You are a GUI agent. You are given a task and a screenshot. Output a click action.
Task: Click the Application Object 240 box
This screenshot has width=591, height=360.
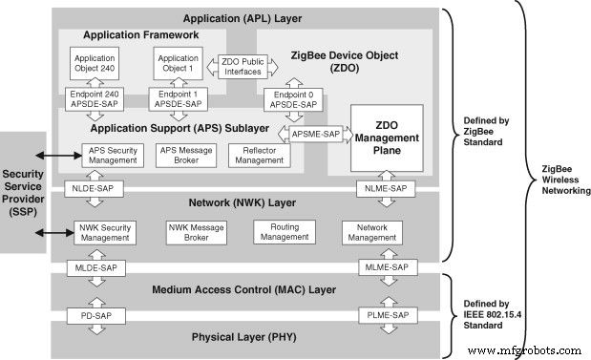[94, 64]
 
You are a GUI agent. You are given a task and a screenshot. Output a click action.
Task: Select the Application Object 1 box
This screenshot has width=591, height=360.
[175, 64]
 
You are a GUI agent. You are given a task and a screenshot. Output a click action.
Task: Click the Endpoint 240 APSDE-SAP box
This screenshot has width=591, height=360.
[94, 99]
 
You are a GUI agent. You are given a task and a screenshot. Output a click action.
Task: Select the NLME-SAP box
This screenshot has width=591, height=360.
[386, 189]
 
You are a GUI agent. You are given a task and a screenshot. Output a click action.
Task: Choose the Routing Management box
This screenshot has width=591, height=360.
[284, 231]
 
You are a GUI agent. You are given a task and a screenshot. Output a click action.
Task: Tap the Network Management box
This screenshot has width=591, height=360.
[372, 231]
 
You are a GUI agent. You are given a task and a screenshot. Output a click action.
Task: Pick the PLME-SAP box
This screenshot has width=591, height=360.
[386, 314]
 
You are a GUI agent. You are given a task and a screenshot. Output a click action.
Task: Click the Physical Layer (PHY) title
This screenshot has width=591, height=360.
[243, 337]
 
